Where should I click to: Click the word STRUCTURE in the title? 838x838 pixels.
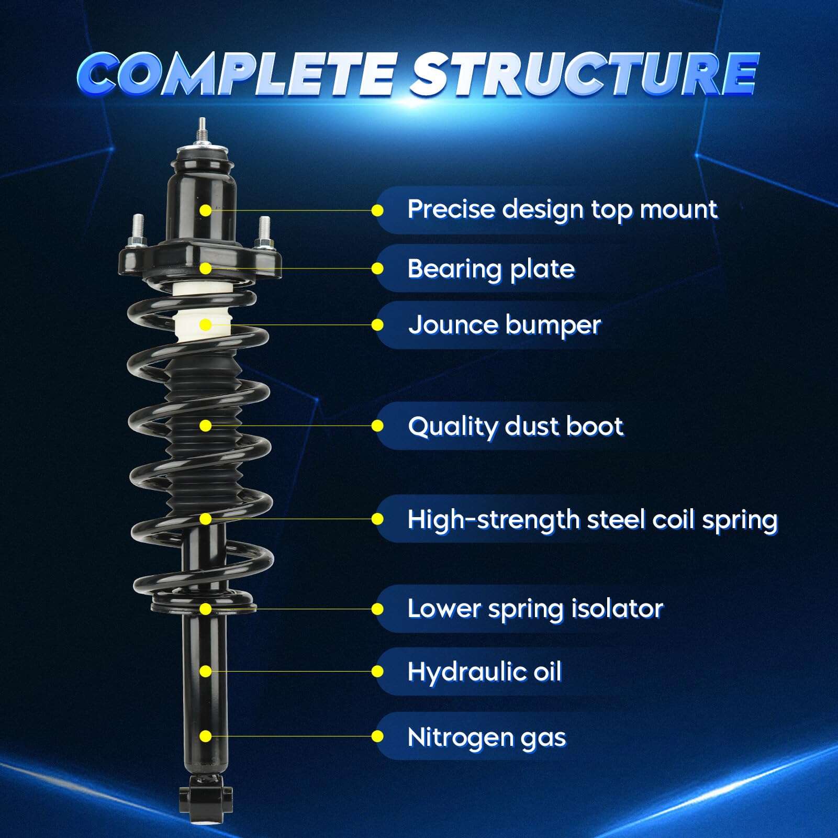tap(584, 74)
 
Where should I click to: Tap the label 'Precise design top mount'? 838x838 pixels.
tap(562, 210)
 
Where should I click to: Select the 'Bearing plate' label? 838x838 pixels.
tap(491, 269)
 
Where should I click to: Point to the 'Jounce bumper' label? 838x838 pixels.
tap(505, 325)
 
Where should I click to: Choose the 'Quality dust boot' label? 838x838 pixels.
tap(516, 427)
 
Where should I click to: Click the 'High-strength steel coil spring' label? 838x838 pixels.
tap(593, 520)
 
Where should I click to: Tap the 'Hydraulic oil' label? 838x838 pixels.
tap(484, 672)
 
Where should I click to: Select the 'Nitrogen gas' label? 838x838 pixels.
tap(486, 738)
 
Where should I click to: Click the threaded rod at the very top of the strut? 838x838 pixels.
tap(202, 131)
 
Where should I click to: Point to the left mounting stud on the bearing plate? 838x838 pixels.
tap(138, 230)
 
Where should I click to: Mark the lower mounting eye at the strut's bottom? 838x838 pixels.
tap(205, 800)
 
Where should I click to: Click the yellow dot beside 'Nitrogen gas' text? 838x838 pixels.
tap(377, 737)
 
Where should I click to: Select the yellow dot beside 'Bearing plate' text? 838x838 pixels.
tap(377, 269)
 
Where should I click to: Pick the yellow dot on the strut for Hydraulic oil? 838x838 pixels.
tap(206, 671)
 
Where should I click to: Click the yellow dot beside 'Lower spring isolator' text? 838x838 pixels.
tap(377, 609)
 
